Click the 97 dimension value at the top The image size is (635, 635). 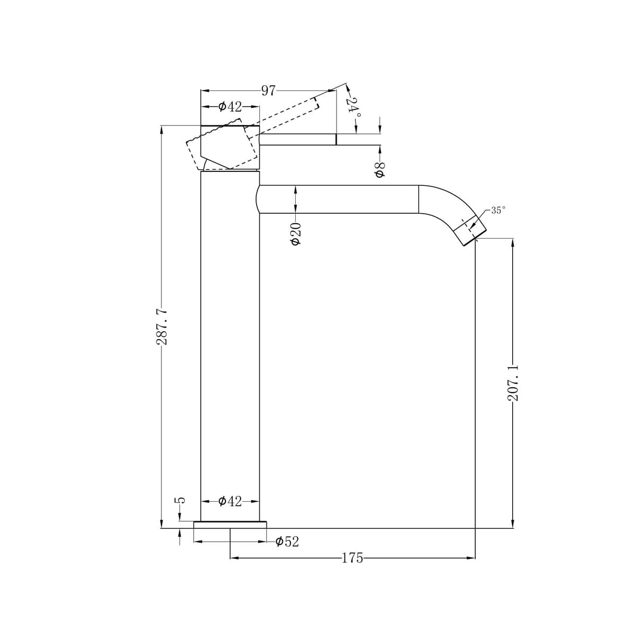coord(268,90)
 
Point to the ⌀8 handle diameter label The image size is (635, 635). coord(379,170)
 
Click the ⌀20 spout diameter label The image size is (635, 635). coord(296,233)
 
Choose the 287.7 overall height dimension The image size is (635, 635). coord(162,328)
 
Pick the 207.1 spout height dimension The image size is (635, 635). coord(513,383)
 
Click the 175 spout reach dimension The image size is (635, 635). coord(352,558)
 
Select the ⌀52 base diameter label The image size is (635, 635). coord(287,542)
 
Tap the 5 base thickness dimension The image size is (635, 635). coord(180,500)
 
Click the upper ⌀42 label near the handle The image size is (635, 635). coord(230,107)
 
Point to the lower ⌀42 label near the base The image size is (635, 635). coord(230,501)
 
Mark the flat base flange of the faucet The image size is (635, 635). coord(230,524)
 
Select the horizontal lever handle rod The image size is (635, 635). coord(297,139)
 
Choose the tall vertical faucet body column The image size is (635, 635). coord(230,344)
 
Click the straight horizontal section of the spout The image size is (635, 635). coord(339,199)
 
